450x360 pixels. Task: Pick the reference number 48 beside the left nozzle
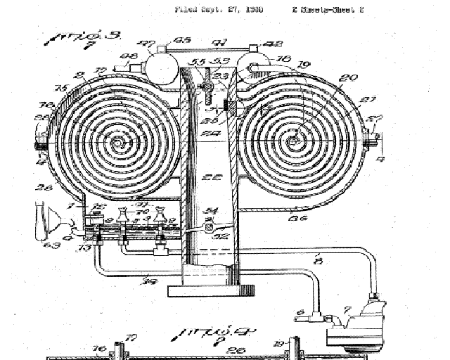(129, 57)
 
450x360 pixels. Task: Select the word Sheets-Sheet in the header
(332, 10)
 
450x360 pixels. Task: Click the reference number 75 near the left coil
(61, 88)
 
